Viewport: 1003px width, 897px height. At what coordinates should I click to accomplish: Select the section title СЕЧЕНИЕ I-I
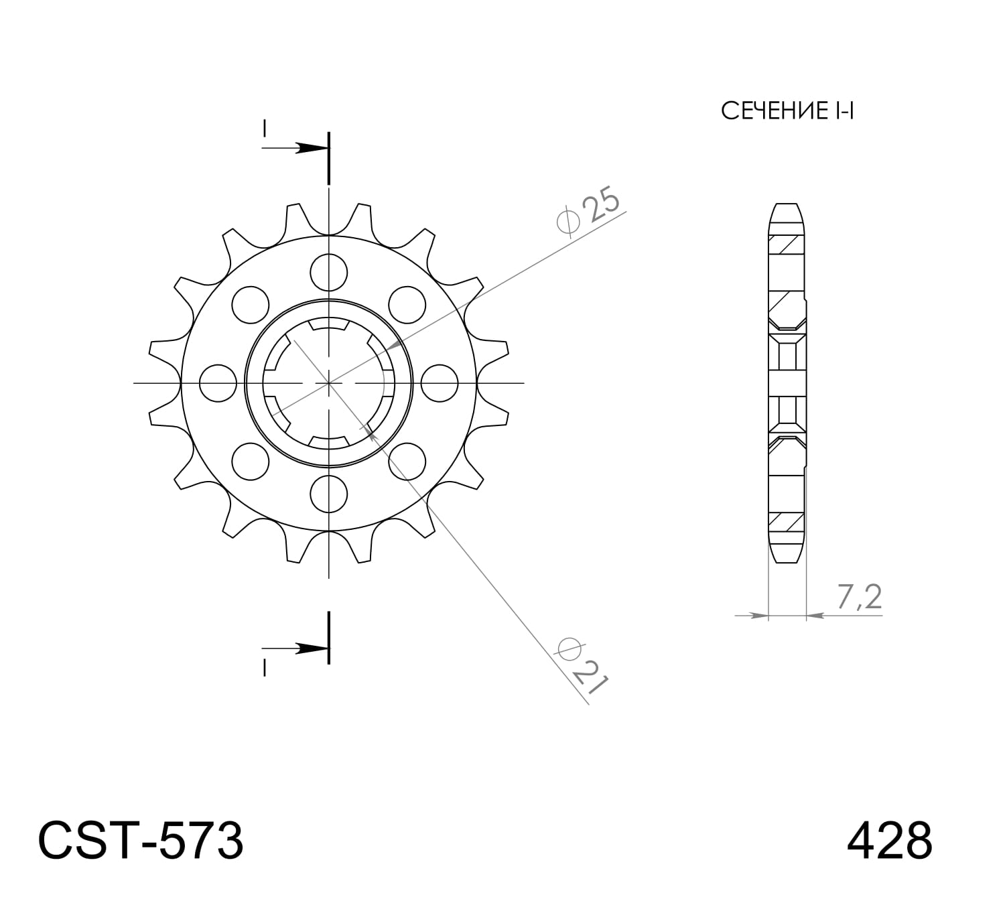(x=787, y=111)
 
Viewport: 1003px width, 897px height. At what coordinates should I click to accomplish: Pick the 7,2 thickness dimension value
(x=858, y=597)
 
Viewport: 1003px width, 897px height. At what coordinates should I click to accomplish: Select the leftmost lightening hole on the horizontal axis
(x=218, y=383)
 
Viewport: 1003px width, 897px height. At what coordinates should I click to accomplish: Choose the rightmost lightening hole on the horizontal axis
(x=440, y=383)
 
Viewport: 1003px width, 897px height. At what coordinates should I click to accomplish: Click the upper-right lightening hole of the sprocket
(x=407, y=305)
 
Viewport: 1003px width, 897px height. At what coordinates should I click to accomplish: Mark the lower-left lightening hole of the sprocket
(x=251, y=462)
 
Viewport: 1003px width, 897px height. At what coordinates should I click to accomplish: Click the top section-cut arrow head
(x=310, y=147)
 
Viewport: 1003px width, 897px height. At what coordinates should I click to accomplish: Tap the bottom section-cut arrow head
(x=310, y=648)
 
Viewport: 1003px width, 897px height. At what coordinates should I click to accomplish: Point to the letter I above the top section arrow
(x=265, y=127)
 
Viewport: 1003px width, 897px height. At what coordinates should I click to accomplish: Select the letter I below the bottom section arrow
(x=265, y=668)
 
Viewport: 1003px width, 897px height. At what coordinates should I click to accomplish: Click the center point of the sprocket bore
(x=329, y=383)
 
